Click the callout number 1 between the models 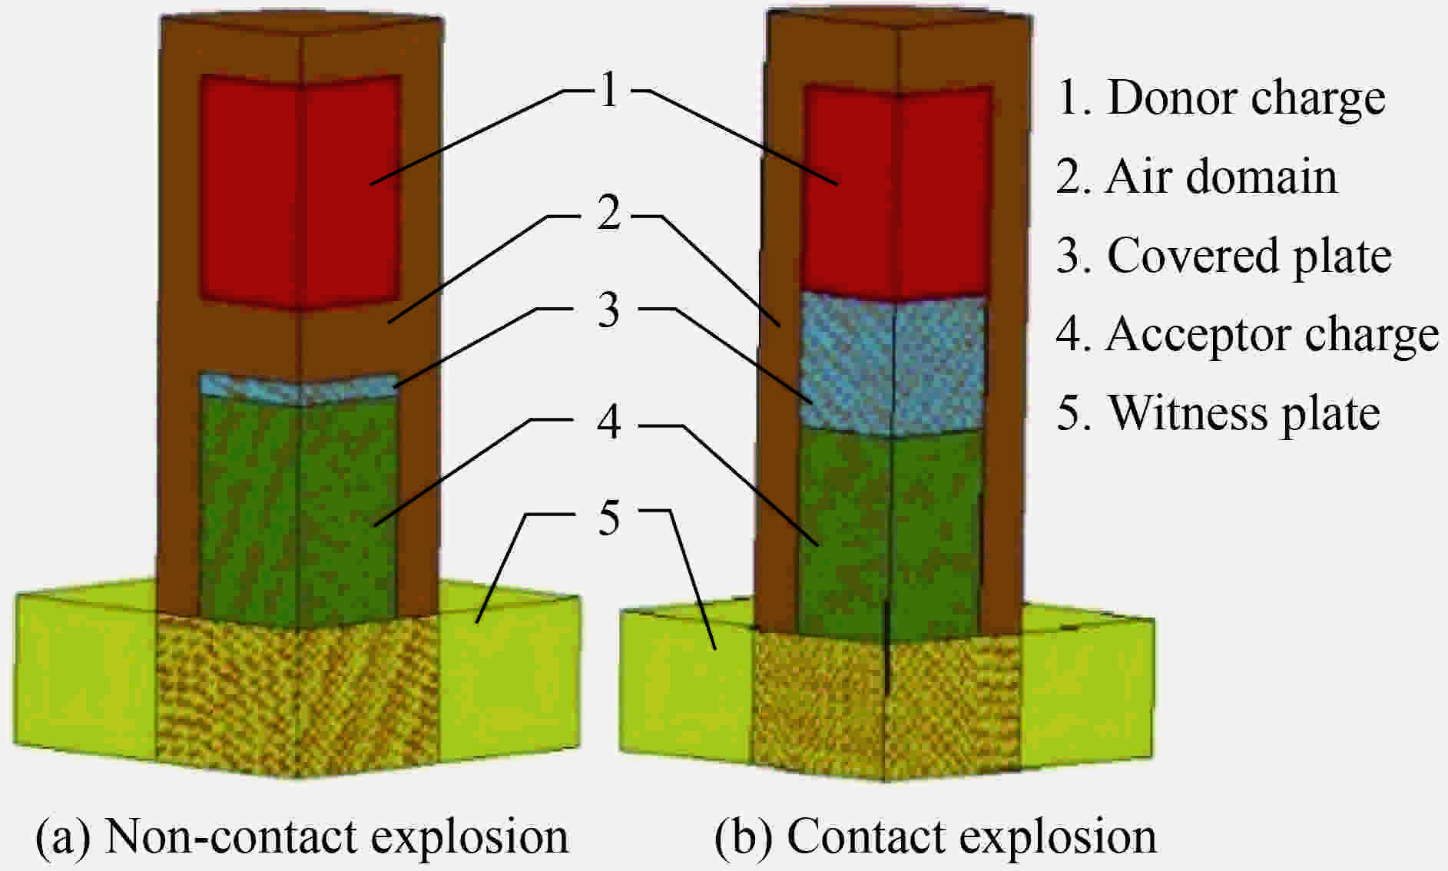tap(609, 91)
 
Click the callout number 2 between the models tap(609, 214)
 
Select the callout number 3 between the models tap(609, 310)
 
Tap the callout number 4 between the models tap(609, 422)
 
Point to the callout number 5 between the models tap(609, 518)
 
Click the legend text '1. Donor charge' tap(1221, 98)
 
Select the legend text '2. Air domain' tap(1196, 177)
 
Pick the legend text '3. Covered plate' tap(1223, 256)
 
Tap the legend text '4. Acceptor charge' tap(1247, 335)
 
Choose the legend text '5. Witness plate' tap(1218, 413)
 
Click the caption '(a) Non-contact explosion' tap(302, 836)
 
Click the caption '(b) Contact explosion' tap(935, 836)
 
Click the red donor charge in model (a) tap(300, 192)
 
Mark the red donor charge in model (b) tap(896, 192)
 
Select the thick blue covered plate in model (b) tap(893, 365)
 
